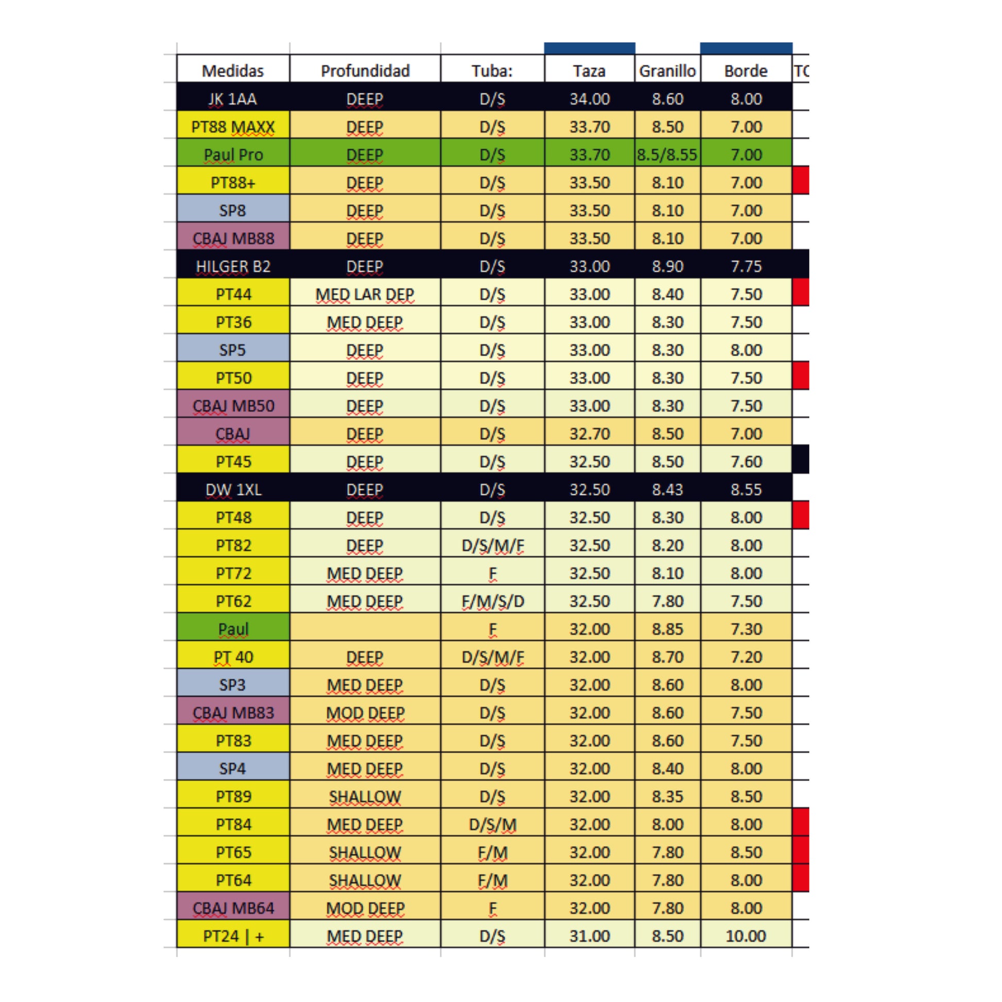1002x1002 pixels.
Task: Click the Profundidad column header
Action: click(365, 71)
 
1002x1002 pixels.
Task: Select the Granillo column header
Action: click(667, 71)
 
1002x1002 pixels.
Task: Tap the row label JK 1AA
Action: click(233, 98)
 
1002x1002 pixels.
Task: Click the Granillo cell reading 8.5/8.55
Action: click(667, 154)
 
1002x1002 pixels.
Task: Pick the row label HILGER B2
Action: click(233, 266)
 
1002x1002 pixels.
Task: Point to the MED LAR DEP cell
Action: click(365, 294)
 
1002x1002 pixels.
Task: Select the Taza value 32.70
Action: click(589, 434)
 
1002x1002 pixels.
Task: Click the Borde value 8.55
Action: click(746, 490)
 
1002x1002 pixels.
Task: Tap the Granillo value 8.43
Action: click(667, 490)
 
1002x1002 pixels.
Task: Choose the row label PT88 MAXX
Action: click(233, 127)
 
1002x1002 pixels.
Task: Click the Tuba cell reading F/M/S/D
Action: click(492, 601)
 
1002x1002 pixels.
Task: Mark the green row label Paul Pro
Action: click(233, 154)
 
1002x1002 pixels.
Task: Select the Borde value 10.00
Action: click(746, 936)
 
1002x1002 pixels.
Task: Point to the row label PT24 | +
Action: click(233, 936)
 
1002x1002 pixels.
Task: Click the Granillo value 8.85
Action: click(667, 629)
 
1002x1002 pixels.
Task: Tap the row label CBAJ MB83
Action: click(233, 713)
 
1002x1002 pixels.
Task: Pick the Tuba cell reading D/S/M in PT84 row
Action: click(492, 825)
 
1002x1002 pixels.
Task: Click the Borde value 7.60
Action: click(746, 461)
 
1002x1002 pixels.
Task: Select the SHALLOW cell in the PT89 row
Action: click(365, 797)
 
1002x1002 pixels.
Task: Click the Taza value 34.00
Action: click(589, 98)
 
